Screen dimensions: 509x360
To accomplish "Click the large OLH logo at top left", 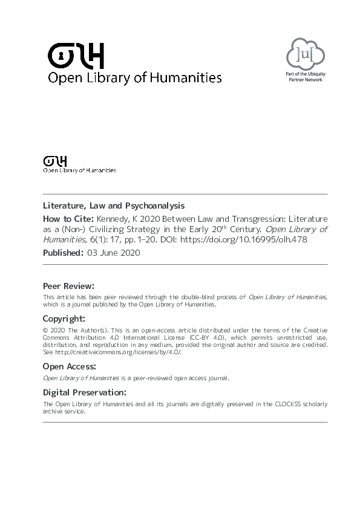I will [76, 56].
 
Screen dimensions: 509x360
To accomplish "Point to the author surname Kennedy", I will [113, 218].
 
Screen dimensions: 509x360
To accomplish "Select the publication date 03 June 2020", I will [114, 253].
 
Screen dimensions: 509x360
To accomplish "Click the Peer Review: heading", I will [68, 285].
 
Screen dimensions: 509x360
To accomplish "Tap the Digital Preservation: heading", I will [85, 392].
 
